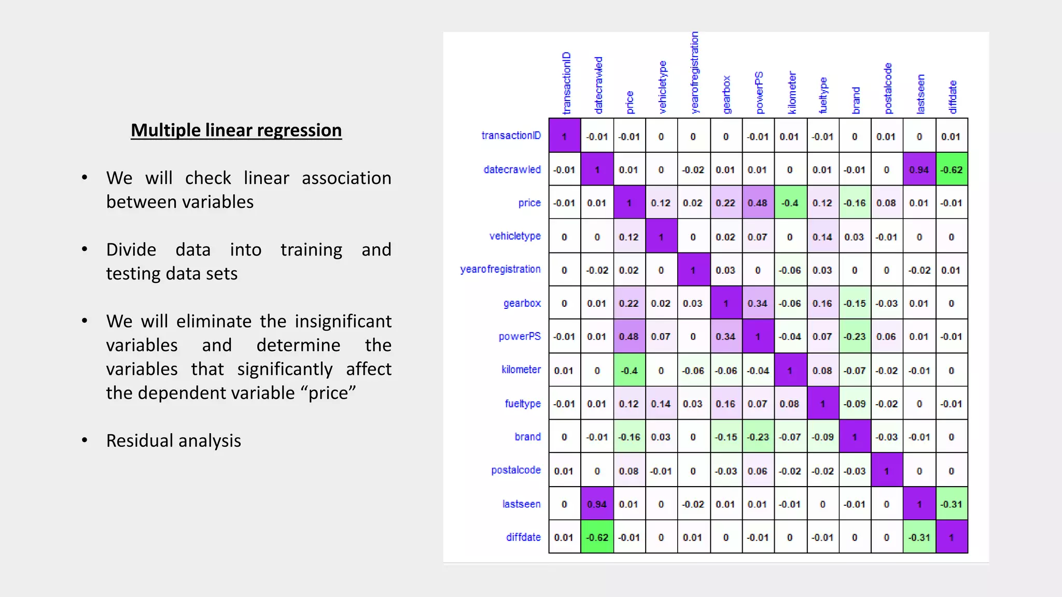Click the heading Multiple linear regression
pos(236,130)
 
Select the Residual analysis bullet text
pos(173,440)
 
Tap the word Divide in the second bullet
pos(131,250)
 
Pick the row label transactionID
pos(511,136)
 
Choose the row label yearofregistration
pos(500,269)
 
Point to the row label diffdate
pos(523,537)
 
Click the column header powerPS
pos(759,92)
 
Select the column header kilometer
pos(791,92)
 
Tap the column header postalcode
pos(888,88)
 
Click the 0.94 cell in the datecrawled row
pos(919,169)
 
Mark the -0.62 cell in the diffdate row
pos(597,537)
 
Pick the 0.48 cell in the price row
pos(758,203)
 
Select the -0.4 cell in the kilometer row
pos(629,371)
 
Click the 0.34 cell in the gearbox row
pos(758,303)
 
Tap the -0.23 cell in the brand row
pos(758,437)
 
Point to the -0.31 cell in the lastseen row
pos(952,504)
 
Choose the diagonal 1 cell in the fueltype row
pos(822,404)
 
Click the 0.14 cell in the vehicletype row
pos(822,237)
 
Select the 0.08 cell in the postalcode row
pos(629,471)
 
